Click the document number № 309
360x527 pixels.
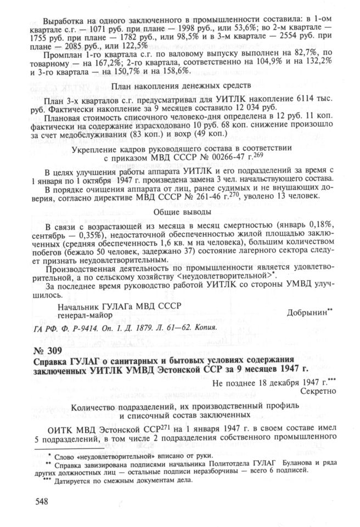point(52,350)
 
